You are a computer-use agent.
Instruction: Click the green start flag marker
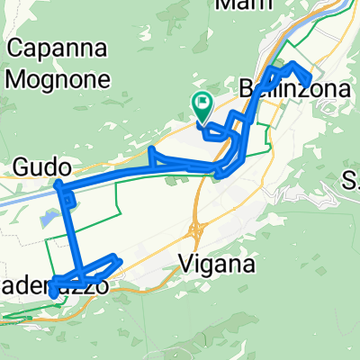point(202,107)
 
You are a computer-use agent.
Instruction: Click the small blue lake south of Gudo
point(46,217)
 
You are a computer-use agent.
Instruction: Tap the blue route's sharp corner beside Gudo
point(58,184)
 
